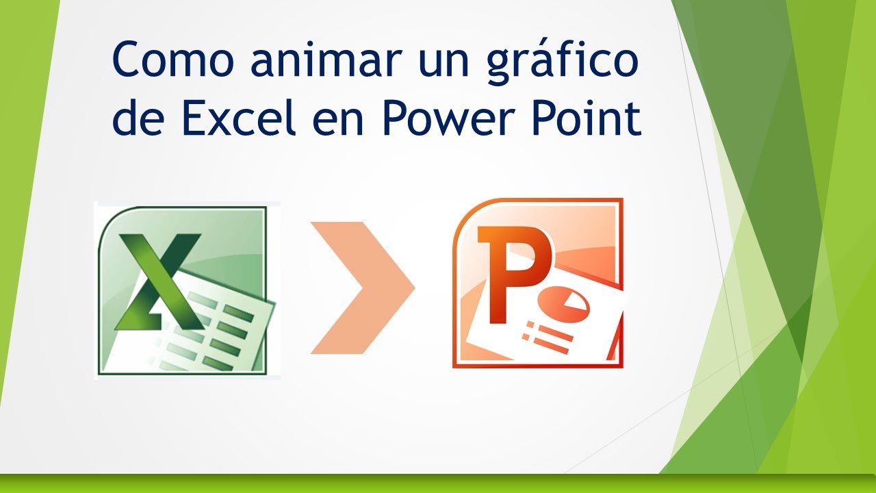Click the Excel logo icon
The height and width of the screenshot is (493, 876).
pos(187,290)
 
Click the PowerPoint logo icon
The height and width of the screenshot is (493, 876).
pos(538,283)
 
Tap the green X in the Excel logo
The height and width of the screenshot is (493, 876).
pos(159,281)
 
